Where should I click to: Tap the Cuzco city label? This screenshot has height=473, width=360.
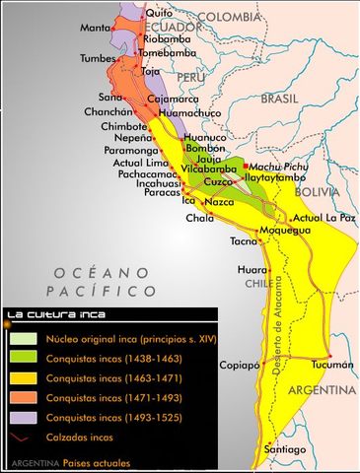point(218,182)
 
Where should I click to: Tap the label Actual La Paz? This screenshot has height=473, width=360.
point(323,217)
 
